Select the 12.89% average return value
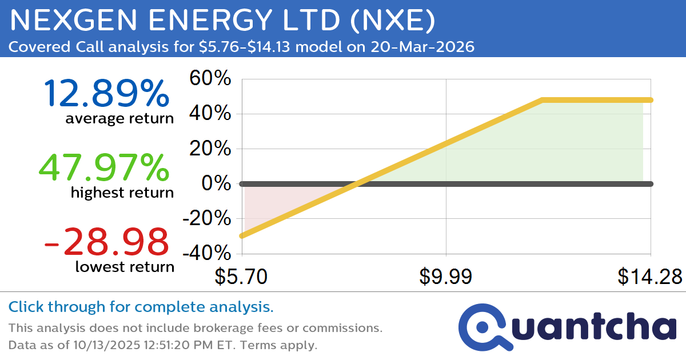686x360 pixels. (x=106, y=93)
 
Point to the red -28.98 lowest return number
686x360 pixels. (x=106, y=242)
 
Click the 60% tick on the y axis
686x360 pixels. (x=210, y=78)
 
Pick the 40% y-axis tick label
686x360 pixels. (x=210, y=114)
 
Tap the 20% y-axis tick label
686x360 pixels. (x=210, y=149)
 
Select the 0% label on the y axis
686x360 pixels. (x=216, y=183)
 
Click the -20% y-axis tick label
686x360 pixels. (x=207, y=219)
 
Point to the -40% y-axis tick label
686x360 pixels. (x=207, y=254)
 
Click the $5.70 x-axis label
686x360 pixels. (x=241, y=277)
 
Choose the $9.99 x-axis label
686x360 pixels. (x=445, y=277)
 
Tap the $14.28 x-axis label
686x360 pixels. (x=649, y=277)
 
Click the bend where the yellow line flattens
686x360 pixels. (x=541, y=100)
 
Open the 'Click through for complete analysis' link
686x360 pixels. (x=141, y=307)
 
